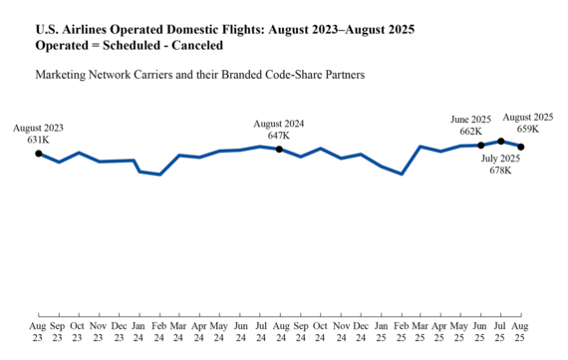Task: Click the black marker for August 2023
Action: pyautogui.click(x=38, y=154)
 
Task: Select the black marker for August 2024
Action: pyautogui.click(x=279, y=150)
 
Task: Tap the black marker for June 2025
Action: pyautogui.click(x=481, y=146)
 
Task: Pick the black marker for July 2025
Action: pyautogui.click(x=501, y=142)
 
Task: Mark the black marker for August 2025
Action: pyautogui.click(x=521, y=147)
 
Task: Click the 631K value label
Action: pyautogui.click(x=38, y=140)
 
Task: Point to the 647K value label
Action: pyautogui.click(x=279, y=135)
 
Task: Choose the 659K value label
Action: pyautogui.click(x=527, y=129)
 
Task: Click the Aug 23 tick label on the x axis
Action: pyautogui.click(x=38, y=332)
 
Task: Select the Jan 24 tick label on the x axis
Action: pyautogui.click(x=139, y=332)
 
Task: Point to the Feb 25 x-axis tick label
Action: pyautogui.click(x=401, y=332)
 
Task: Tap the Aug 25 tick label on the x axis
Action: pyautogui.click(x=521, y=332)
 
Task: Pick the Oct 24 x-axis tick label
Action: pyautogui.click(x=320, y=332)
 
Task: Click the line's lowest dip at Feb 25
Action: pyautogui.click(x=401, y=174)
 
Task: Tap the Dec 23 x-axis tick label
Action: pyautogui.click(x=119, y=332)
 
